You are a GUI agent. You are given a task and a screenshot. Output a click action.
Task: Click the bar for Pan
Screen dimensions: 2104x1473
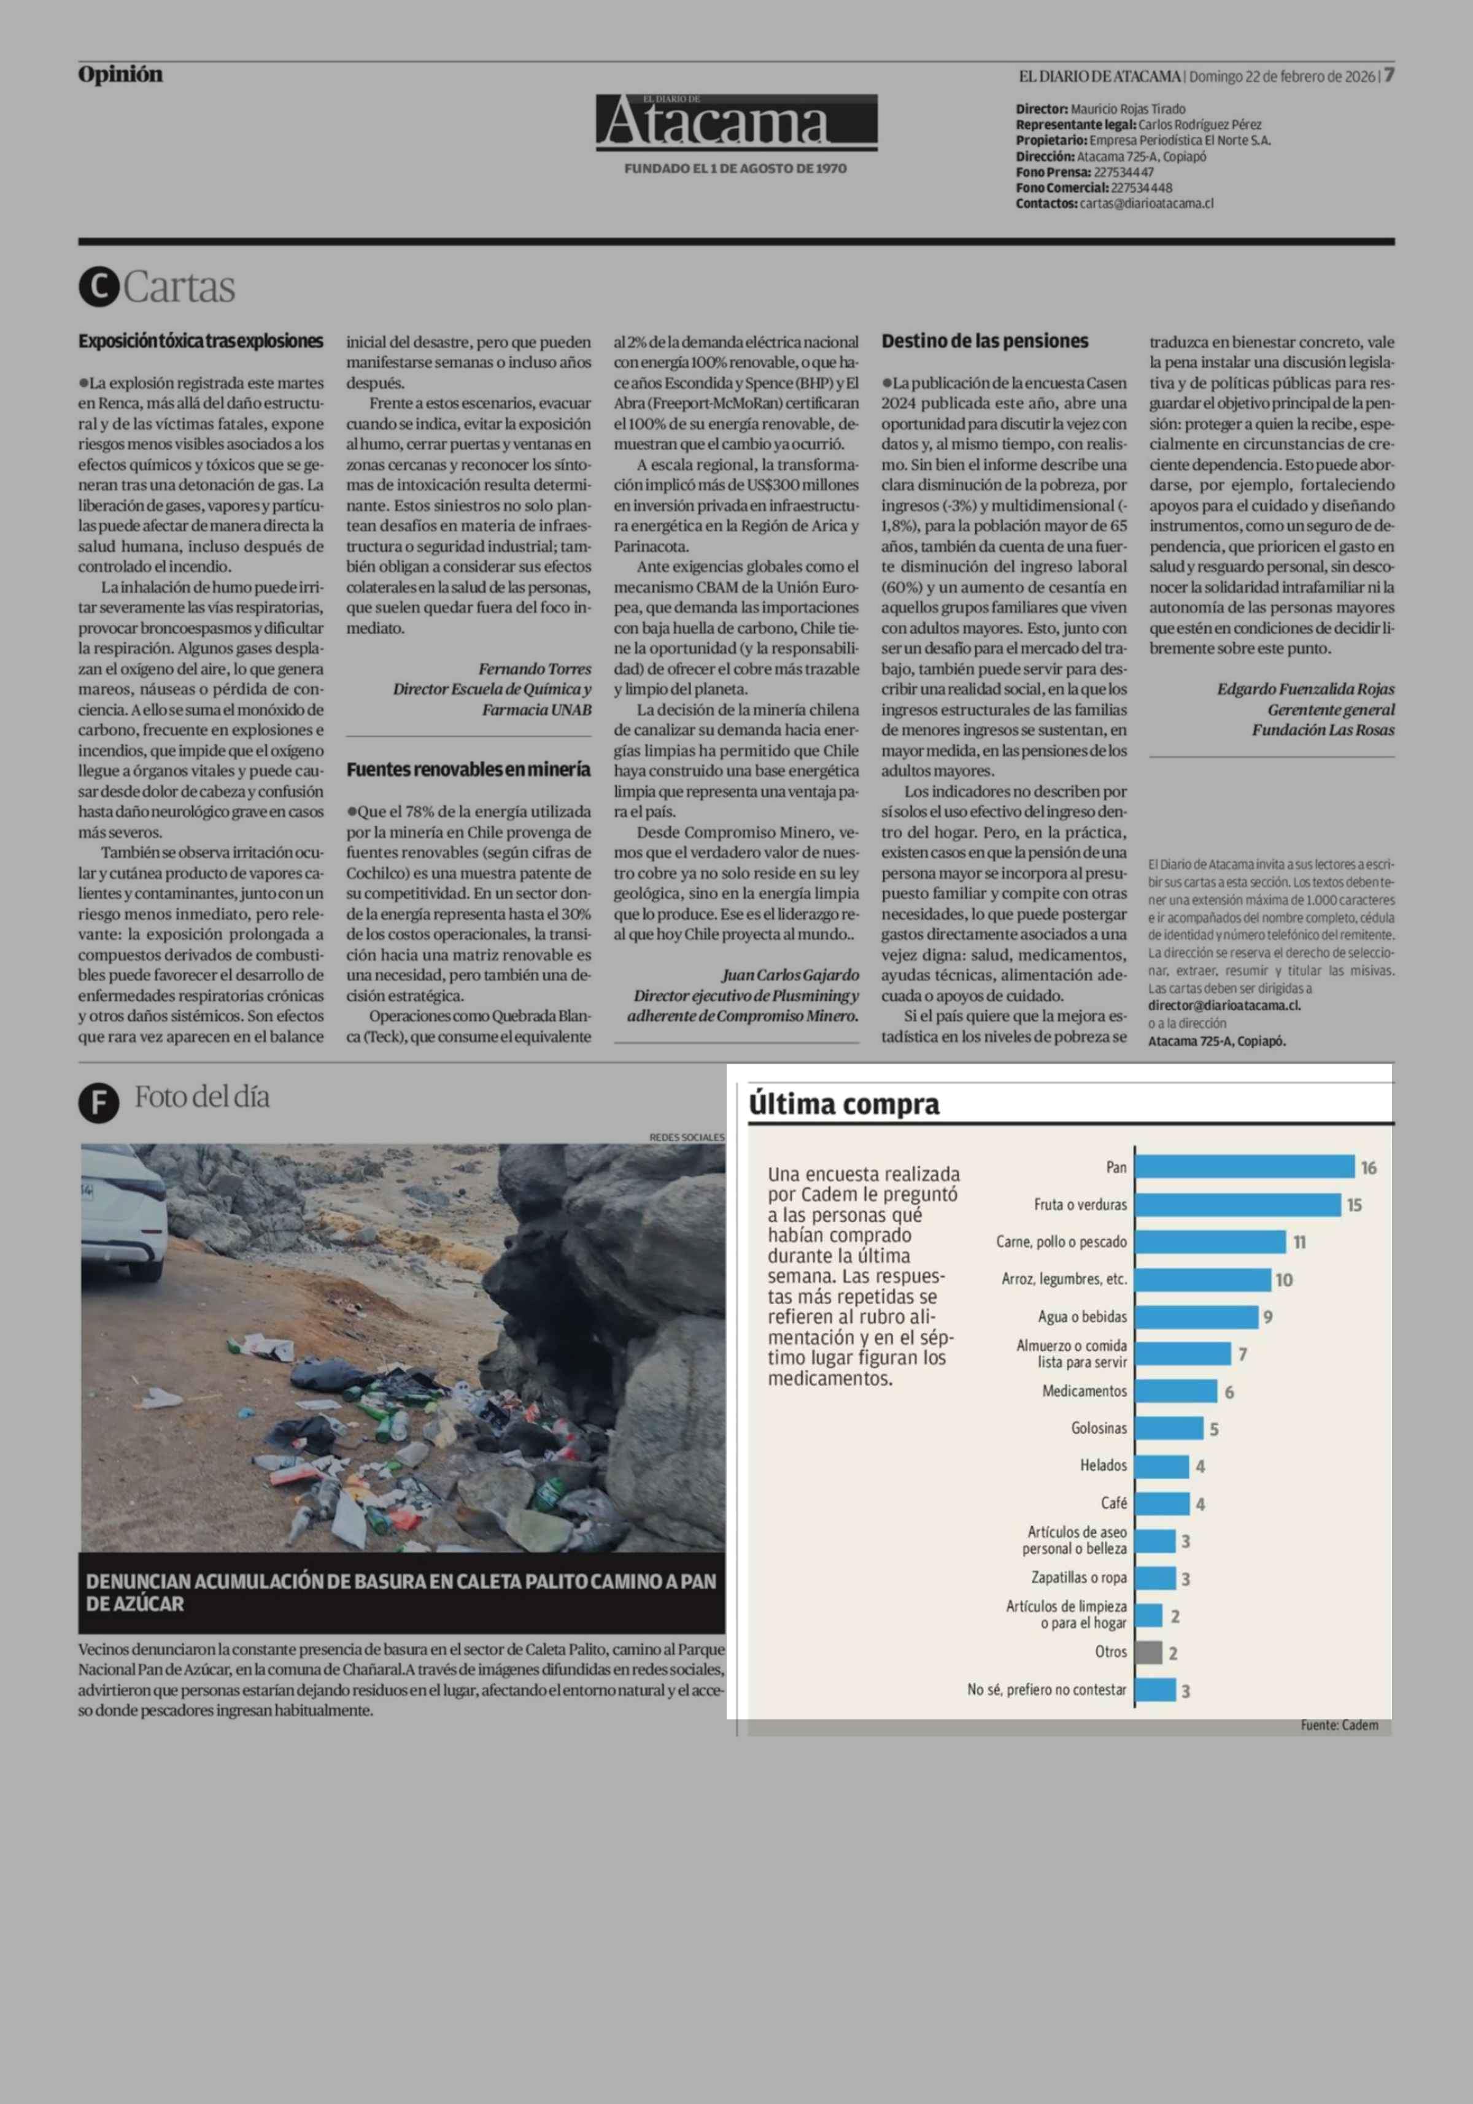pos(1244,1167)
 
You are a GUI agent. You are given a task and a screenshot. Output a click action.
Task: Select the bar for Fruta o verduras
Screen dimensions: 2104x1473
pos(1237,1204)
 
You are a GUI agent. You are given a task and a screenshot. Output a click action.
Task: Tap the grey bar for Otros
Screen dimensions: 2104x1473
pos(1148,1653)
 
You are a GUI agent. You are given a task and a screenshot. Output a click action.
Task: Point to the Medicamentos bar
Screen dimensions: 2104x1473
pos(1176,1391)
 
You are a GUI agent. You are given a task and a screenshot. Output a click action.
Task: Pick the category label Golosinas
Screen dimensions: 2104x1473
pos(1099,1428)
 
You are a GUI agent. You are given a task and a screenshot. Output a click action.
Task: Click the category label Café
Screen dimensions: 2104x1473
pos(1114,1503)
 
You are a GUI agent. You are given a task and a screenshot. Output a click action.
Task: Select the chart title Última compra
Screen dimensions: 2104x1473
pos(843,1104)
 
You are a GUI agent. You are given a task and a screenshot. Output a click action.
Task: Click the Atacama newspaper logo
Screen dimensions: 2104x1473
pos(736,123)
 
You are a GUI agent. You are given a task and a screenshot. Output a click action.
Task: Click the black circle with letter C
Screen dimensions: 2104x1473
pos(99,287)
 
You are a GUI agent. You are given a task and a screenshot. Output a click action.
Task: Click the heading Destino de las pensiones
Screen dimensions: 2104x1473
pos(984,341)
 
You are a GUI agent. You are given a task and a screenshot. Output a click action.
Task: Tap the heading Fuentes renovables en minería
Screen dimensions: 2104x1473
pos(468,770)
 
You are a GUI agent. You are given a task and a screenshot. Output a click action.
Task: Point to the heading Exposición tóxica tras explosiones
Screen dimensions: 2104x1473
pos(201,341)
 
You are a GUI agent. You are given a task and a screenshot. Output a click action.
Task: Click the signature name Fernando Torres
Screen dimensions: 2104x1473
pos(535,669)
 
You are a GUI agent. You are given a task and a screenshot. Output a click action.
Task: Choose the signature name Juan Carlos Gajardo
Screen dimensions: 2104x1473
pos(790,975)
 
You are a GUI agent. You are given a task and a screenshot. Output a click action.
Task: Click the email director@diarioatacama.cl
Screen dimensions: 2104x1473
pos(1224,1005)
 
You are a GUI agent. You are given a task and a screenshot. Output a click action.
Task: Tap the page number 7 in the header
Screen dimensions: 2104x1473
pos(1389,75)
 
